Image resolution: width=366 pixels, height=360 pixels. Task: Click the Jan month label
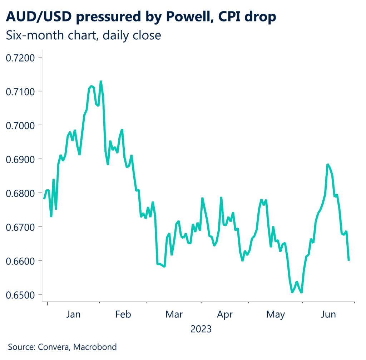click(73, 315)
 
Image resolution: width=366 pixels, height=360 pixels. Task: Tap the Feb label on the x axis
click(123, 315)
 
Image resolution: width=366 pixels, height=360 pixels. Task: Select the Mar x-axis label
click(174, 315)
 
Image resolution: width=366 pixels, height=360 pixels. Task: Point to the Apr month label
click(225, 315)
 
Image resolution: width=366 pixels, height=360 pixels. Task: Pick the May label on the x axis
click(276, 315)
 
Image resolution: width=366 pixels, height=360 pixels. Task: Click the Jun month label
click(328, 315)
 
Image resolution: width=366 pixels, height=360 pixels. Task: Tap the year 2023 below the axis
click(201, 329)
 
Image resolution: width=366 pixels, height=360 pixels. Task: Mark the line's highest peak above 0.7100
click(101, 82)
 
